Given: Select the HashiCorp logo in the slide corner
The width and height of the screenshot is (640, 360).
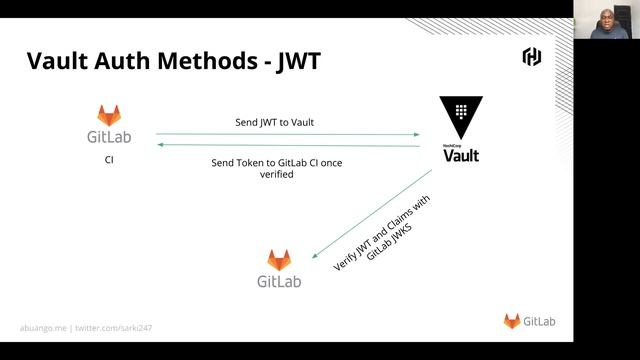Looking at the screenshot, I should click(532, 56).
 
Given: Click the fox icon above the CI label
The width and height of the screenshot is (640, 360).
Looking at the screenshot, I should click(109, 115).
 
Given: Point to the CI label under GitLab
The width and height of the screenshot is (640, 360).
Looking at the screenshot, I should click(109, 159).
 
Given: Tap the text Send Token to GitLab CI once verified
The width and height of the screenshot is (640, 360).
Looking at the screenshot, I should click(277, 168).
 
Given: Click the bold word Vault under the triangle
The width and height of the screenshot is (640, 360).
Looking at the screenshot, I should click(461, 155).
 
